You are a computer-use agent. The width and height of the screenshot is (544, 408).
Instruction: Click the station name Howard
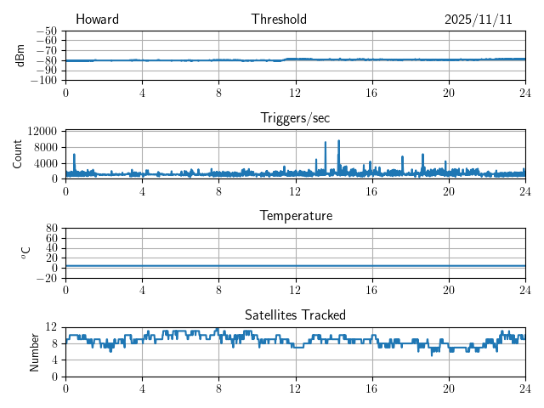(97, 20)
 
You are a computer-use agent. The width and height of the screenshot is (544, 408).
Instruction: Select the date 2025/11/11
(478, 20)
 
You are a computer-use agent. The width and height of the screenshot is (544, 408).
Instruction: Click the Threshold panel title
(279, 20)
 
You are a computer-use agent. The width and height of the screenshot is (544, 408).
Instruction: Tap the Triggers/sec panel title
(295, 118)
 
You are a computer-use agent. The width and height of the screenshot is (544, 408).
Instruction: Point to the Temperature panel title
(295, 216)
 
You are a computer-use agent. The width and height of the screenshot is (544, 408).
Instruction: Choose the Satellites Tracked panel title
(295, 314)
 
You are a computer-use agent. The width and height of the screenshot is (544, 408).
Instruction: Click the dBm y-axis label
(21, 55)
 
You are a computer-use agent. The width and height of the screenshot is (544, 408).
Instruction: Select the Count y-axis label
(17, 154)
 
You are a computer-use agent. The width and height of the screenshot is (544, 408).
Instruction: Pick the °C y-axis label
(25, 252)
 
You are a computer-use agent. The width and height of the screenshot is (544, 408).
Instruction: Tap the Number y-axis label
(35, 351)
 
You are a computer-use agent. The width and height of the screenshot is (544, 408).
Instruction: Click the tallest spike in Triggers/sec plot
(338, 141)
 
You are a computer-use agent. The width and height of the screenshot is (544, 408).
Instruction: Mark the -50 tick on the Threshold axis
(47, 31)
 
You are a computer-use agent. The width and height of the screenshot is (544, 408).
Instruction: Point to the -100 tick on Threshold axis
(44, 80)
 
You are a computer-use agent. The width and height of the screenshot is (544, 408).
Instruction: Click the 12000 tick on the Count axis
(42, 131)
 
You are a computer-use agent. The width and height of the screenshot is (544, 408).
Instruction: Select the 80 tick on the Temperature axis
(52, 228)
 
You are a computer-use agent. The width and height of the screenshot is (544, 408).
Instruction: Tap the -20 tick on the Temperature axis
(47, 278)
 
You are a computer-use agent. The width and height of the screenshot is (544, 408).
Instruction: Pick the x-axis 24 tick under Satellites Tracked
(524, 388)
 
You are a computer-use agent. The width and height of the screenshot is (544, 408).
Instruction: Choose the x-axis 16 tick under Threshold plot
(371, 92)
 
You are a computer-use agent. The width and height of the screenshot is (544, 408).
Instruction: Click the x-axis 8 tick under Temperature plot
(218, 289)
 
